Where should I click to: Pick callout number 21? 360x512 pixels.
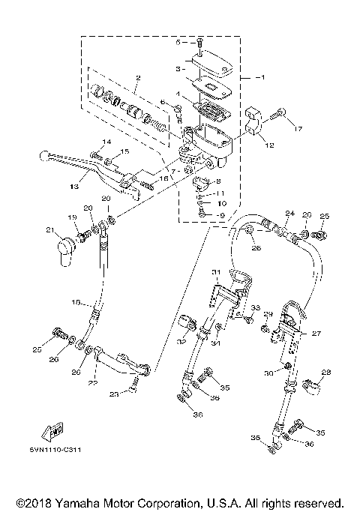[50, 229]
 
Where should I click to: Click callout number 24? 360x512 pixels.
[289, 213]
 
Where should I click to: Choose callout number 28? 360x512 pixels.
[326, 372]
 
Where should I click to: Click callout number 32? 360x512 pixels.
[181, 341]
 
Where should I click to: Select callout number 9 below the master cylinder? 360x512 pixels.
[221, 215]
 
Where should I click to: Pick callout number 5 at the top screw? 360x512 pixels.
[178, 43]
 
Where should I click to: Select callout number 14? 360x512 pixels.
[106, 142]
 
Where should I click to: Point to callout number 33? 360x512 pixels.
[256, 307]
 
